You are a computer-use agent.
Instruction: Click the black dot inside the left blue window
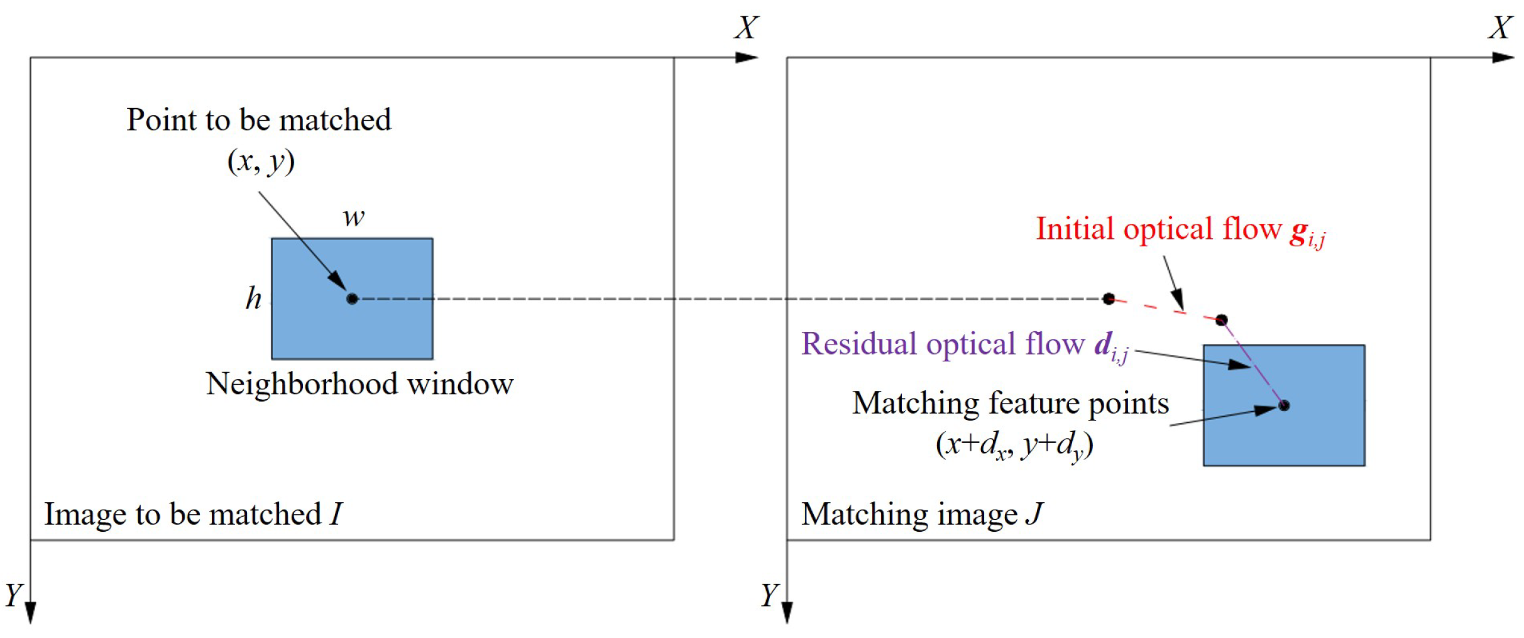coord(352,299)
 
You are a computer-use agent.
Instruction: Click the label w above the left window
coord(353,217)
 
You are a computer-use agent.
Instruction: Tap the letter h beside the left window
coord(253,298)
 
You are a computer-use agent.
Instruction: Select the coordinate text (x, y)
coord(261,162)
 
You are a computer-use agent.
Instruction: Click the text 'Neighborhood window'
coord(359,384)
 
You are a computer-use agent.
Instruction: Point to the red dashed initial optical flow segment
coord(1165,309)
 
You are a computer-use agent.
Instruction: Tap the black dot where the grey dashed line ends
coord(1109,299)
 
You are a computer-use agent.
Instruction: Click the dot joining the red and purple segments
coord(1221,320)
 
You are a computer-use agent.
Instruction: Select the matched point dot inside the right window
coord(1283,405)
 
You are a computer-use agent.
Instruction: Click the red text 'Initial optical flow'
coord(1158,229)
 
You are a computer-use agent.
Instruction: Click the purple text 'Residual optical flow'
coord(943,344)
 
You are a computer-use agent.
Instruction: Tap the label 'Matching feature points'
coord(1010,404)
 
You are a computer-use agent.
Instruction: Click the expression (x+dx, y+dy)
coord(1014,445)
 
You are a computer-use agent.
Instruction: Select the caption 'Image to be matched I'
coord(193,514)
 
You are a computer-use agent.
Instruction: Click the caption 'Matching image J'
coord(922,514)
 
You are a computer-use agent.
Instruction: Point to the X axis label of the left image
coord(746,28)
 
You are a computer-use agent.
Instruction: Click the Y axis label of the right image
coord(769,594)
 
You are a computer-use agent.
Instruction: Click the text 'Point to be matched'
coord(258,120)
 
